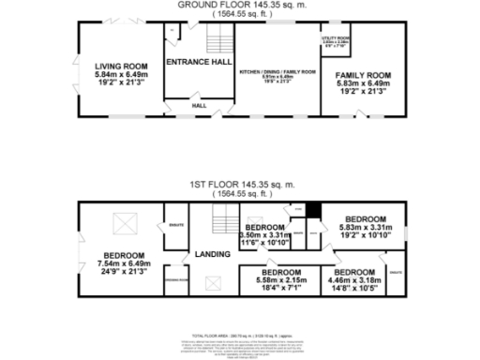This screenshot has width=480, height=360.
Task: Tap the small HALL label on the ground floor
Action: click(200, 106)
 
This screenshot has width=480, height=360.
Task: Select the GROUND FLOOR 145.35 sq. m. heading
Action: click(240, 5)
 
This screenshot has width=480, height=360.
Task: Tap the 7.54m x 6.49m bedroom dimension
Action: click(124, 265)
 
